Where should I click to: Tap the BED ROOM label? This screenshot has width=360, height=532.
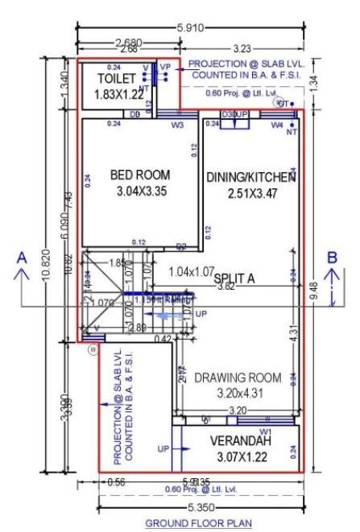point(139,175)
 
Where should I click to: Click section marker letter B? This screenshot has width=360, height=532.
point(331,258)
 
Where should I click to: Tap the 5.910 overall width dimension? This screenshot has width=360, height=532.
point(189,28)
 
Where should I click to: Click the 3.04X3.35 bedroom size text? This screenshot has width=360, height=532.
point(139,191)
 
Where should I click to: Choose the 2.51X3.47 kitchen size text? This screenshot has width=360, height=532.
point(252,193)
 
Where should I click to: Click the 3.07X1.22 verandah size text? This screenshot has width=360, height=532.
point(242,457)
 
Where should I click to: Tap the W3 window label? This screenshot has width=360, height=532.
point(178,125)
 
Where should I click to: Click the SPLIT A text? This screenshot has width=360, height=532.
point(234,278)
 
